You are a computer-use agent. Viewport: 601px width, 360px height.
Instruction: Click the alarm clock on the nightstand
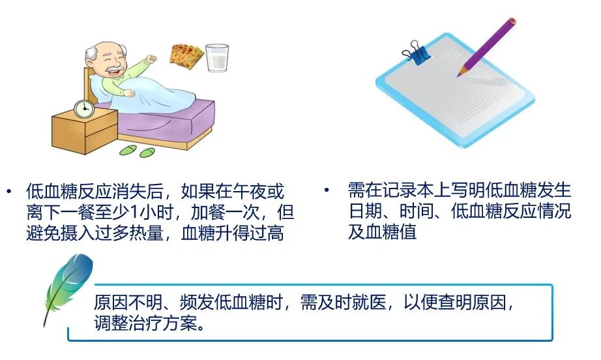tap(83, 109)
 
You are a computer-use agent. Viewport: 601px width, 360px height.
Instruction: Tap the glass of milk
tap(217, 58)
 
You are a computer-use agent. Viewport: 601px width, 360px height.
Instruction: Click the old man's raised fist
tap(151, 59)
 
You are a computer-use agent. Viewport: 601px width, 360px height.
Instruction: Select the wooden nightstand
tap(85, 130)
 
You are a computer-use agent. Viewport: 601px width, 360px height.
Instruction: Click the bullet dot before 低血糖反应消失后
tap(9, 191)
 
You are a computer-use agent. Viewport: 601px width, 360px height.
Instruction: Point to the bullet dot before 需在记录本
tap(327, 190)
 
